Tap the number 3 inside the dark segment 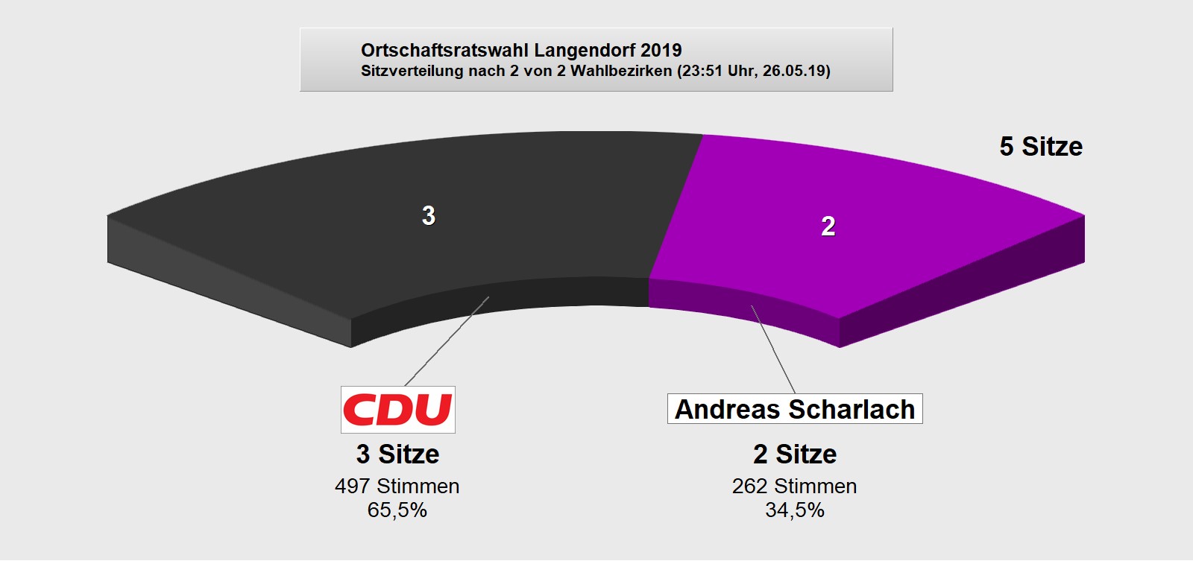point(429,215)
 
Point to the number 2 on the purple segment point(828,226)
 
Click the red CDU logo point(397,410)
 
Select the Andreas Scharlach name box point(795,409)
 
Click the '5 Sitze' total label point(1041,147)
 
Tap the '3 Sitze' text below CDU point(397,454)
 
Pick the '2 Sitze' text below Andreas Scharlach point(795,454)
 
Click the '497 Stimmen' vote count point(397,486)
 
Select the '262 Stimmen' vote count point(795,486)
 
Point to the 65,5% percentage point(397,510)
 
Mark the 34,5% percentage point(795,510)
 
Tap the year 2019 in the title point(661,50)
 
